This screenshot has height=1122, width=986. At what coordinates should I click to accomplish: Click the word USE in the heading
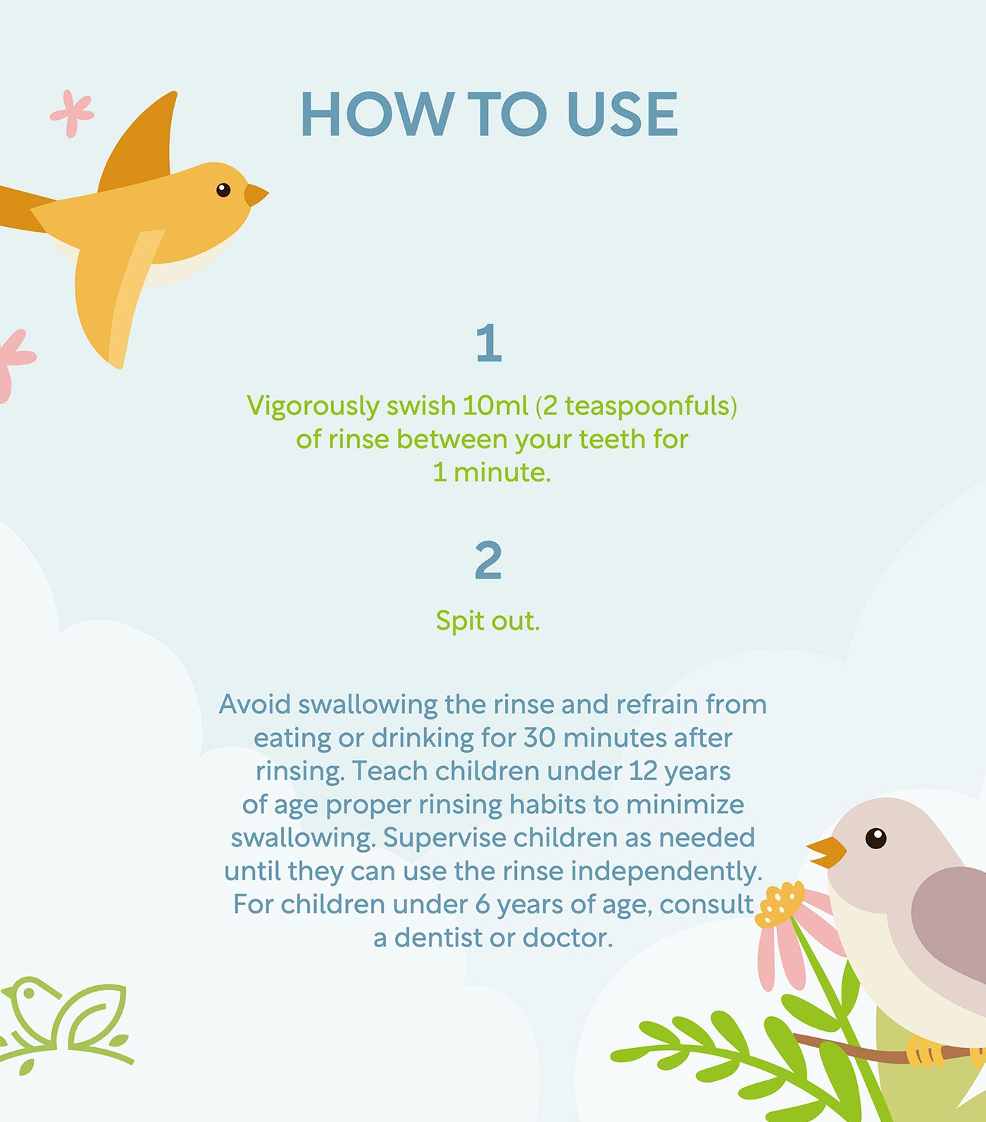click(622, 114)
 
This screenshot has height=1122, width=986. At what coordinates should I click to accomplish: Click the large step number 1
click(489, 343)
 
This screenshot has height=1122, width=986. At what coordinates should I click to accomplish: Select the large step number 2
click(488, 560)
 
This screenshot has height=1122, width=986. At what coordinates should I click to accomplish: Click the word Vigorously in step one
click(313, 407)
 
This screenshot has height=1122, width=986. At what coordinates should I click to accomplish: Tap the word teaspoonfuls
click(647, 407)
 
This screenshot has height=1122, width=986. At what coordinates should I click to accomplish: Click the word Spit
click(460, 621)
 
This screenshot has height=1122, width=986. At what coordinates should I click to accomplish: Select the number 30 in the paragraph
click(539, 738)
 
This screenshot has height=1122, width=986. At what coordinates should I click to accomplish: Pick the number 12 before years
click(642, 771)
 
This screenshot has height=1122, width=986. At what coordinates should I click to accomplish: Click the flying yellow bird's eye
click(223, 190)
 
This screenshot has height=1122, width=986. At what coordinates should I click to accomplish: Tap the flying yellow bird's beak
click(256, 195)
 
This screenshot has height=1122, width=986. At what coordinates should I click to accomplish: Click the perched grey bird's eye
click(875, 838)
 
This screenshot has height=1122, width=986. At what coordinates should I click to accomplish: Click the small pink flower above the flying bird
click(72, 113)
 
